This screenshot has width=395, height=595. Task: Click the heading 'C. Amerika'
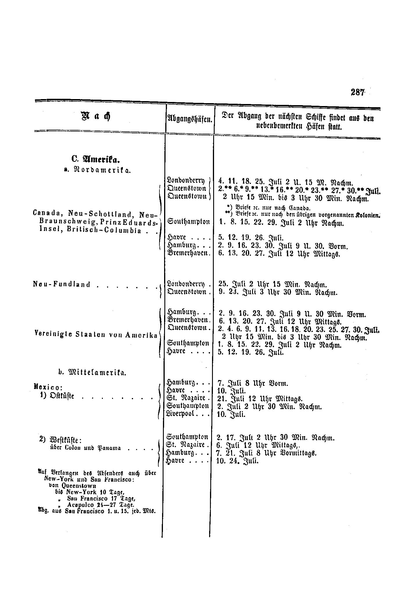click(96, 160)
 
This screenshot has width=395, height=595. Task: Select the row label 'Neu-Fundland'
click(62, 284)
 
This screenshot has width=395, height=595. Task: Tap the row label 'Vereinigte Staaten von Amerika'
click(96, 334)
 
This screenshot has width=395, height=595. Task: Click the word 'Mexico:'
click(48, 387)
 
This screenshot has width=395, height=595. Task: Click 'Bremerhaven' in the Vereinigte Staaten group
click(188, 320)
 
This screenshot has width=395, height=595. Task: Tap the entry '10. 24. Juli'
click(238, 461)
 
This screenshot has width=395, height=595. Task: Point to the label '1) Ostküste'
click(58, 396)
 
